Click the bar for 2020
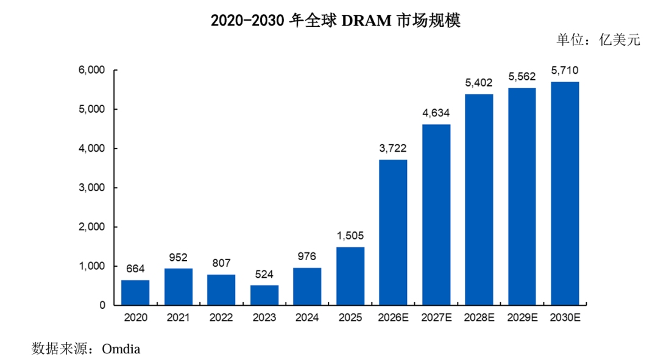[135, 292]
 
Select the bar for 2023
[264, 295]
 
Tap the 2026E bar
[393, 232]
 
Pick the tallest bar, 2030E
[565, 194]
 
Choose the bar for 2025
[350, 276]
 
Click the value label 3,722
[393, 148]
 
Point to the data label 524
[264, 274]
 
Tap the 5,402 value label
[479, 83]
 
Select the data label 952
[178, 257]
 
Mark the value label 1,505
[350, 236]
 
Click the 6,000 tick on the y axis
[91, 70]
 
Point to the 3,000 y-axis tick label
[91, 188]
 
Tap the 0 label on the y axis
[102, 305]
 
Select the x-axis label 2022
[221, 317]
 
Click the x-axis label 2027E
[436, 317]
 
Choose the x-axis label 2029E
[522, 317]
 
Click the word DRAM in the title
[366, 21]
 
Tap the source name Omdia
[121, 348]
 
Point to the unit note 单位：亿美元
[598, 40]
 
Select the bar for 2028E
[479, 200]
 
